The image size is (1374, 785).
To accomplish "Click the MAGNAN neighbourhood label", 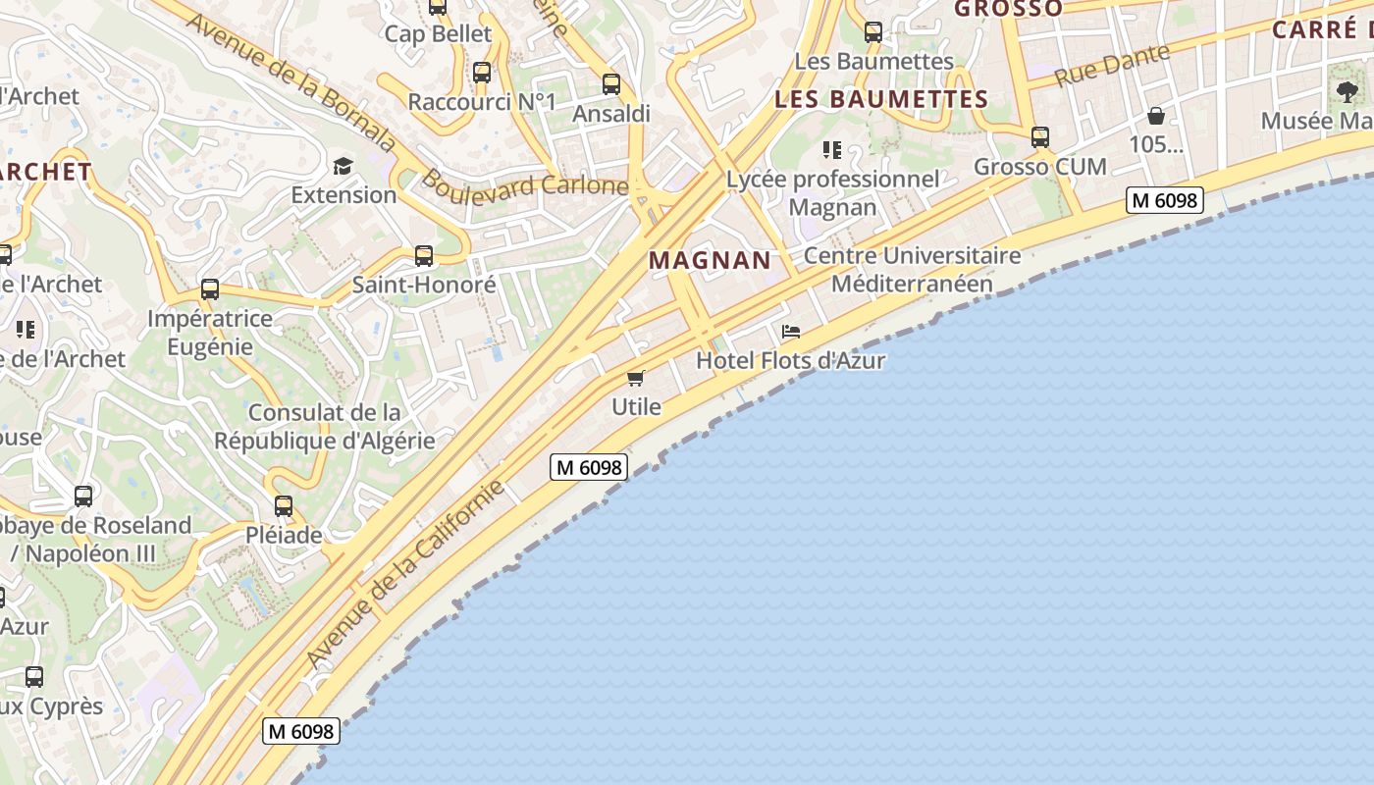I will (x=710, y=260).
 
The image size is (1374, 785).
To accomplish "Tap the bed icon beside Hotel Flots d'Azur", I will (x=791, y=332).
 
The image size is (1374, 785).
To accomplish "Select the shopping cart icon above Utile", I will (x=636, y=378).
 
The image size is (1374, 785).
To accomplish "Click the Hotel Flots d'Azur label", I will (x=790, y=360).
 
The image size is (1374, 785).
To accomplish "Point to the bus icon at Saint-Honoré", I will (x=424, y=256).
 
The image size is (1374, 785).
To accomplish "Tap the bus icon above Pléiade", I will (x=284, y=506).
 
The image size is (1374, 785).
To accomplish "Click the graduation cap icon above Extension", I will (x=343, y=166).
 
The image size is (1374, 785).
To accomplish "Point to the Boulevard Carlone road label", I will (x=524, y=183).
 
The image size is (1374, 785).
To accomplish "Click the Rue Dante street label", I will (x=1112, y=64).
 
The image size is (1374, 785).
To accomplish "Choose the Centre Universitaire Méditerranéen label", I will (x=912, y=270).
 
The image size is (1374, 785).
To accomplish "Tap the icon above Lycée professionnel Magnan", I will (x=832, y=150).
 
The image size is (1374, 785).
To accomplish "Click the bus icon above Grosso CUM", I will (x=1040, y=137).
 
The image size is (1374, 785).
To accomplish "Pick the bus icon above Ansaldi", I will (x=611, y=84).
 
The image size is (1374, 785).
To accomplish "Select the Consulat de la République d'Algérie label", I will (x=325, y=426).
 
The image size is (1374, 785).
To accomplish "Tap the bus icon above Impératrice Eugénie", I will (x=210, y=289).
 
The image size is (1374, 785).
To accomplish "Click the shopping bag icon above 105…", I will (x=1156, y=116).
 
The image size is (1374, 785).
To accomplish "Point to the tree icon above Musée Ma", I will (x=1347, y=92).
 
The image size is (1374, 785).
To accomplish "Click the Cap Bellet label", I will (x=438, y=33).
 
